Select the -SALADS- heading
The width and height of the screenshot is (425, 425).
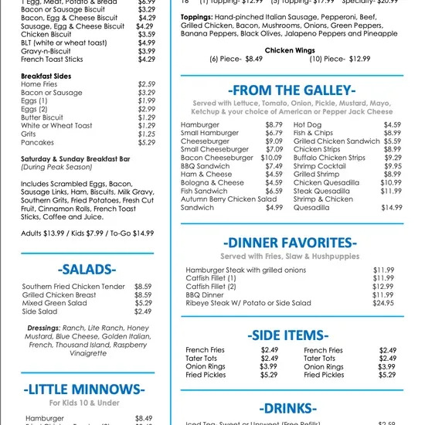pyautogui.click(x=87, y=269)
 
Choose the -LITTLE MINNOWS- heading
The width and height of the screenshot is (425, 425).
pyautogui.click(x=87, y=389)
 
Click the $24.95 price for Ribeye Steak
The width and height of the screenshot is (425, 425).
pyautogui.click(x=383, y=304)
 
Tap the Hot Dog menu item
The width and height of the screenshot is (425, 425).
pyautogui.click(x=308, y=124)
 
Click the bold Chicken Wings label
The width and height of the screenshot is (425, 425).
pyautogui.click(x=291, y=50)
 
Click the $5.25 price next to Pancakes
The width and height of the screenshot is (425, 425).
pyautogui.click(x=147, y=143)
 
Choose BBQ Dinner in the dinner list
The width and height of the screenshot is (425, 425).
pyautogui.click(x=205, y=295)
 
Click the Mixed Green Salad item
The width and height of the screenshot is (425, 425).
pyautogui.click(x=55, y=303)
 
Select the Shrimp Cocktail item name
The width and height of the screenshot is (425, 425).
pyautogui.click(x=320, y=166)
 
